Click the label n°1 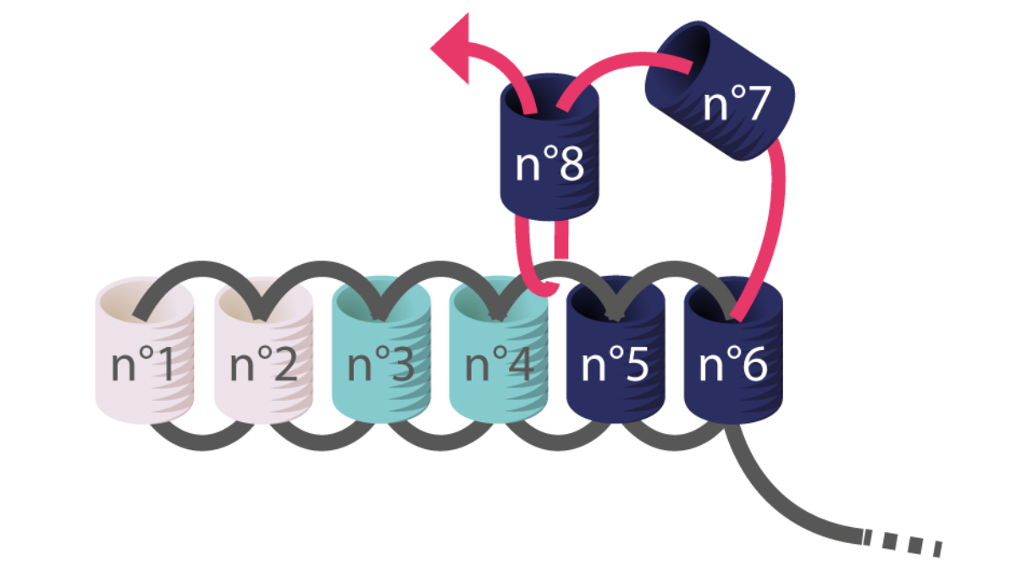click(144, 366)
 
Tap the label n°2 click(262, 366)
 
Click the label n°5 click(616, 366)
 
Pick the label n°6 click(733, 366)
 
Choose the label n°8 click(549, 165)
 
